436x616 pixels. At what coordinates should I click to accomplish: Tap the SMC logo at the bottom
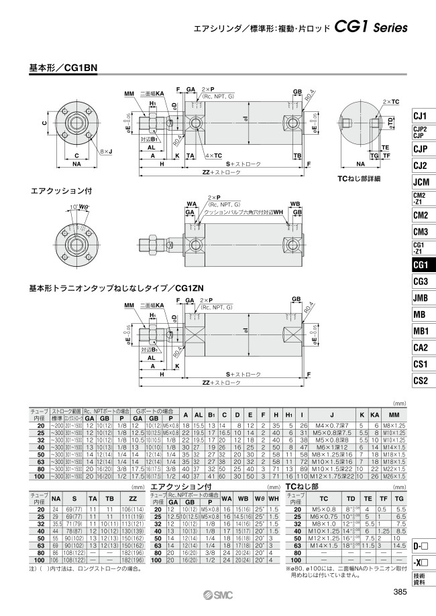click(x=219, y=594)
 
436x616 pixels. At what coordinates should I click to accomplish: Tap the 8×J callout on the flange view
click(x=106, y=152)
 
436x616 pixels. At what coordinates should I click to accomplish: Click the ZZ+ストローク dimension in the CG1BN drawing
click(x=219, y=172)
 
